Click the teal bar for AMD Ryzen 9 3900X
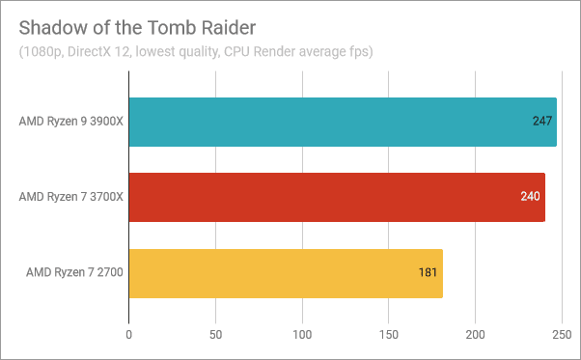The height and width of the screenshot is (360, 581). click(x=343, y=122)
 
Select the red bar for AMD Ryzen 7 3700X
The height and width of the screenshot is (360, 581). click(x=337, y=197)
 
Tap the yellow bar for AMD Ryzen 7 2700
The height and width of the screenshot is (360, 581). click(x=286, y=273)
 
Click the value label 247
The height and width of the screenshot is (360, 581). click(x=542, y=122)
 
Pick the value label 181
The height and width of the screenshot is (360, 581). click(x=429, y=273)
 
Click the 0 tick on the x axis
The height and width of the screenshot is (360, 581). click(x=129, y=335)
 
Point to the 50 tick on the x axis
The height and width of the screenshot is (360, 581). click(x=215, y=335)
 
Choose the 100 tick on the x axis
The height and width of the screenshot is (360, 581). click(x=302, y=335)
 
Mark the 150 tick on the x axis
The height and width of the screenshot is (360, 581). click(x=389, y=335)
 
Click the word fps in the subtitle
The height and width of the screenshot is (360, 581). click(x=359, y=50)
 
